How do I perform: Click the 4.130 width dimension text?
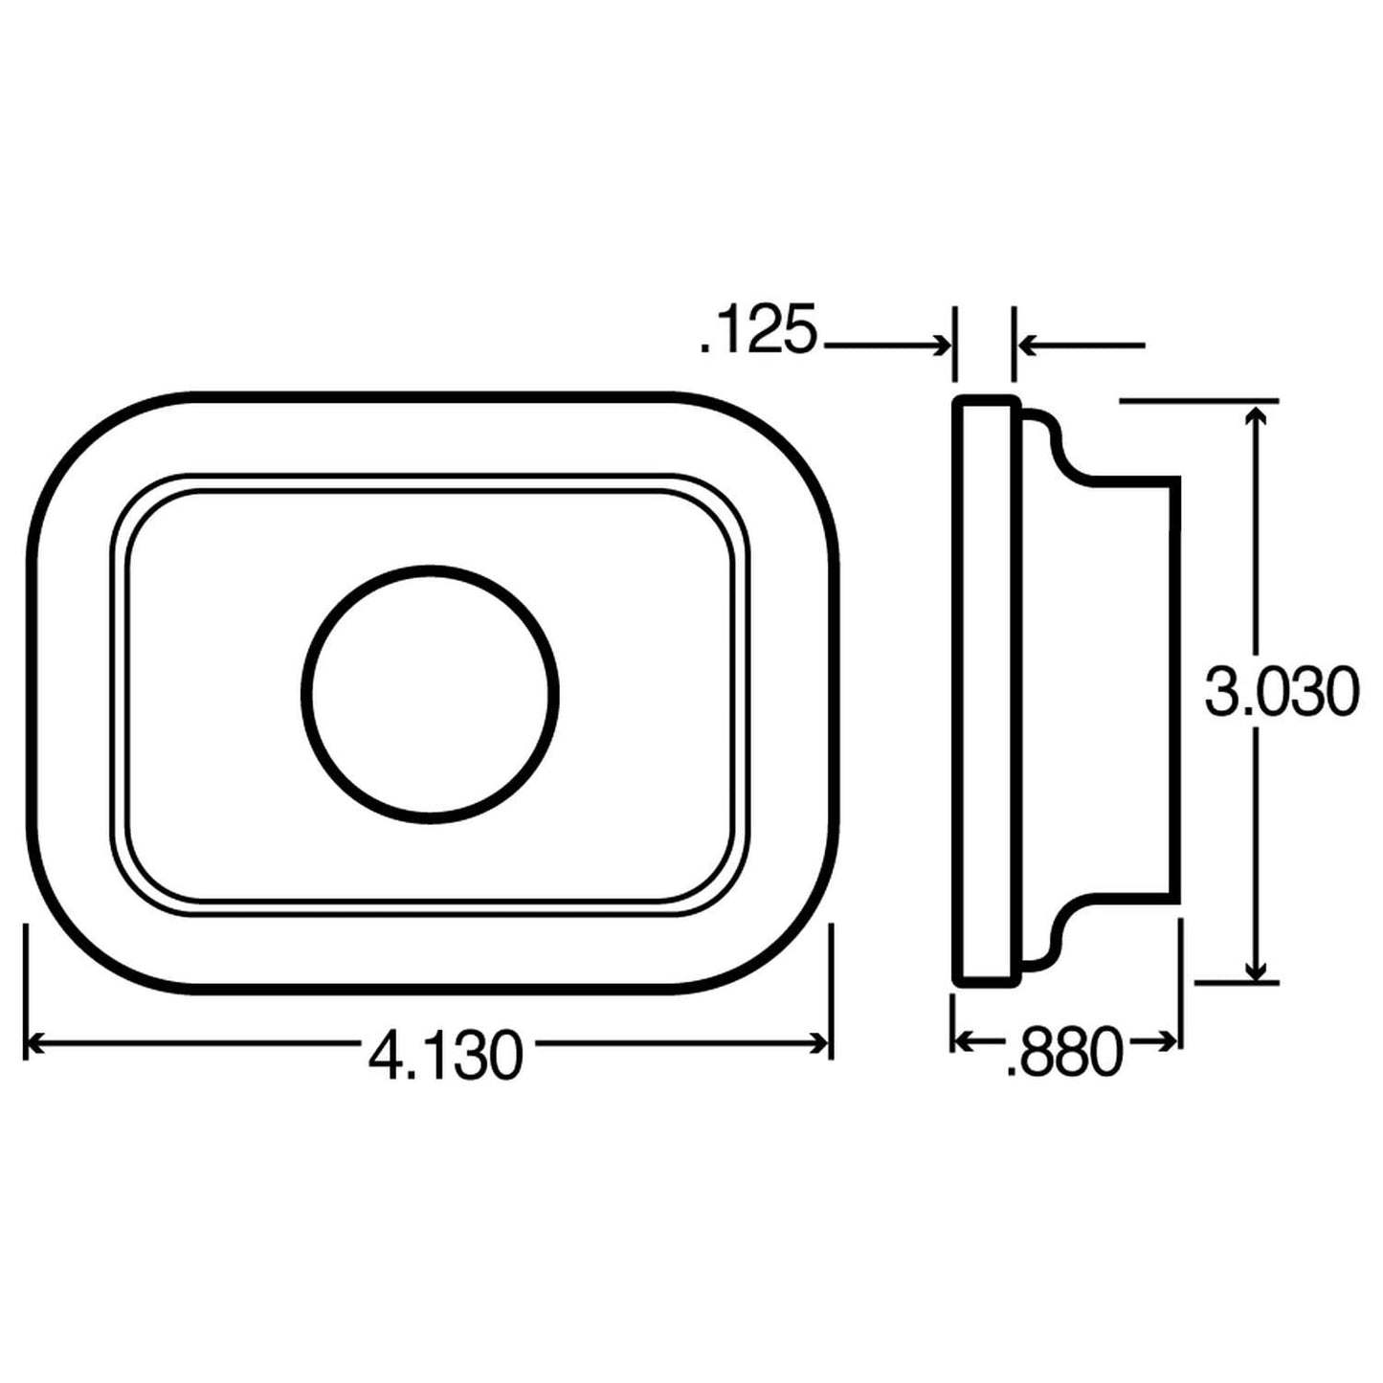click(x=445, y=1055)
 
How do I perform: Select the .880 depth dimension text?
click(x=1063, y=1053)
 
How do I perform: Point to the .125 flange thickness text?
click(x=758, y=331)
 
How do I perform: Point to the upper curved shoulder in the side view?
click(x=1058, y=445)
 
